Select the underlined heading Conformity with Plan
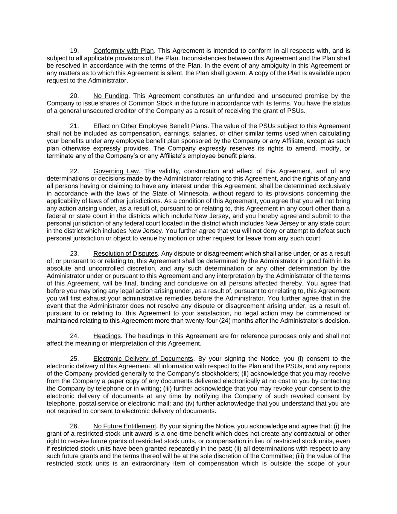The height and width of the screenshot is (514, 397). coord(123,51)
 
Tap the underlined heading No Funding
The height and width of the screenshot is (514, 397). coord(111,96)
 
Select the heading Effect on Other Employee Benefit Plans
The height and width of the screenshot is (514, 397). coord(150,126)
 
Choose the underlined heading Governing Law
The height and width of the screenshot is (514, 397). coord(116,171)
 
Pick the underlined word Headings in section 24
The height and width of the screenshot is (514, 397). coord(107,336)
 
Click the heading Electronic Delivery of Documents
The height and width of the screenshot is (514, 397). coord(143,359)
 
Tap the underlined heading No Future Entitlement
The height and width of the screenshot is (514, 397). coord(125,426)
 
